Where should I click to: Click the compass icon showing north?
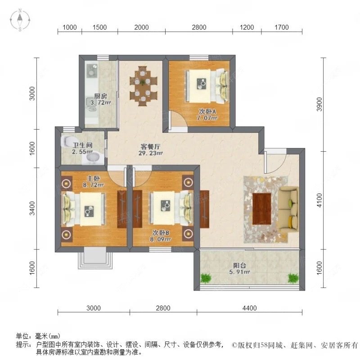21,20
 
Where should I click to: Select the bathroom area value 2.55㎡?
82,153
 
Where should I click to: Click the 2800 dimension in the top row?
198,27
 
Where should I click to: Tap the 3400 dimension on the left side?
32,208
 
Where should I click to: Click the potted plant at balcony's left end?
206,278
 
